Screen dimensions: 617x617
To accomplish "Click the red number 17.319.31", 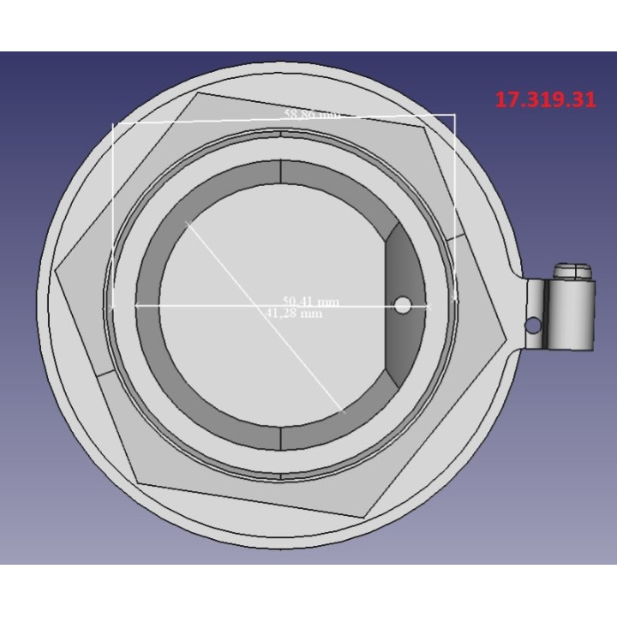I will (545, 99).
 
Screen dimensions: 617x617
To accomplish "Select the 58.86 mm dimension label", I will (311, 113).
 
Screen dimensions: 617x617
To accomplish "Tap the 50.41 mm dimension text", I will (311, 302).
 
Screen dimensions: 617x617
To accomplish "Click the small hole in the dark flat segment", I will (402, 305).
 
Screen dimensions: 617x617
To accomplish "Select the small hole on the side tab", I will (532, 326).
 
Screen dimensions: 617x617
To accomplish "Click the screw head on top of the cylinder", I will (573, 270).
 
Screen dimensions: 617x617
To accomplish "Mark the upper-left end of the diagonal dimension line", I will (186, 222).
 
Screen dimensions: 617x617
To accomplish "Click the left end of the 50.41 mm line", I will (138, 304).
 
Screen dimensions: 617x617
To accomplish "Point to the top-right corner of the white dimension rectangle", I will (455, 114).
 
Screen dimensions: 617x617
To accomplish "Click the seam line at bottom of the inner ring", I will (282, 437).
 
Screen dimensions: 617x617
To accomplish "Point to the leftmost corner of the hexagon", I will (55, 271).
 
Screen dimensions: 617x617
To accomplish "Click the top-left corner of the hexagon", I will (196, 93).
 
